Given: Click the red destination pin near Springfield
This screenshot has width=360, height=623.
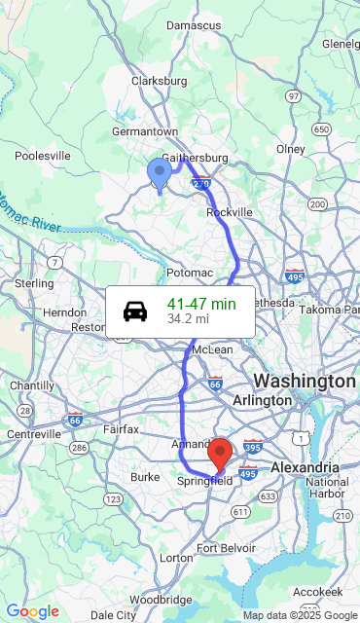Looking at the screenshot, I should coord(221,453).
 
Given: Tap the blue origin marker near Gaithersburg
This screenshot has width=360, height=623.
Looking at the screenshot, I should coord(160,172).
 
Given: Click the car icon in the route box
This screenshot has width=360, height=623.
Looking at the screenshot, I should coord(135,311).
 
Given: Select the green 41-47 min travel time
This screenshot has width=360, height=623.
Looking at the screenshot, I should coord(201,304).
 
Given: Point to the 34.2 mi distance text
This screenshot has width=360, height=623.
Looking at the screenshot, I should coord(188,318).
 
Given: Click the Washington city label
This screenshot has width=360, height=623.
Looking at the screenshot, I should coord(305,380).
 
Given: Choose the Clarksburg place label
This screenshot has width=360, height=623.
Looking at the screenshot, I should coord(159,81).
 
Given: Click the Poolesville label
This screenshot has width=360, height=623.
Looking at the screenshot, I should coord(43,155).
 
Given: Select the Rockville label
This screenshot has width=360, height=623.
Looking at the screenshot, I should coord(230,212).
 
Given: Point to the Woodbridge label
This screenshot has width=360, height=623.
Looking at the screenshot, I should coord(162,600).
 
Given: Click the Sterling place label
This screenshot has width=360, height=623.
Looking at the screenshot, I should coord(34,283).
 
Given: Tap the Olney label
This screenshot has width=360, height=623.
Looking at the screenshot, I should coord(291,149).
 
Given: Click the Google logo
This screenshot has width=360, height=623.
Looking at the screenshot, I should coord(32,611).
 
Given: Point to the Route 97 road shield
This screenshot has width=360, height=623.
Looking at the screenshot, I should coord(294,96).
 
